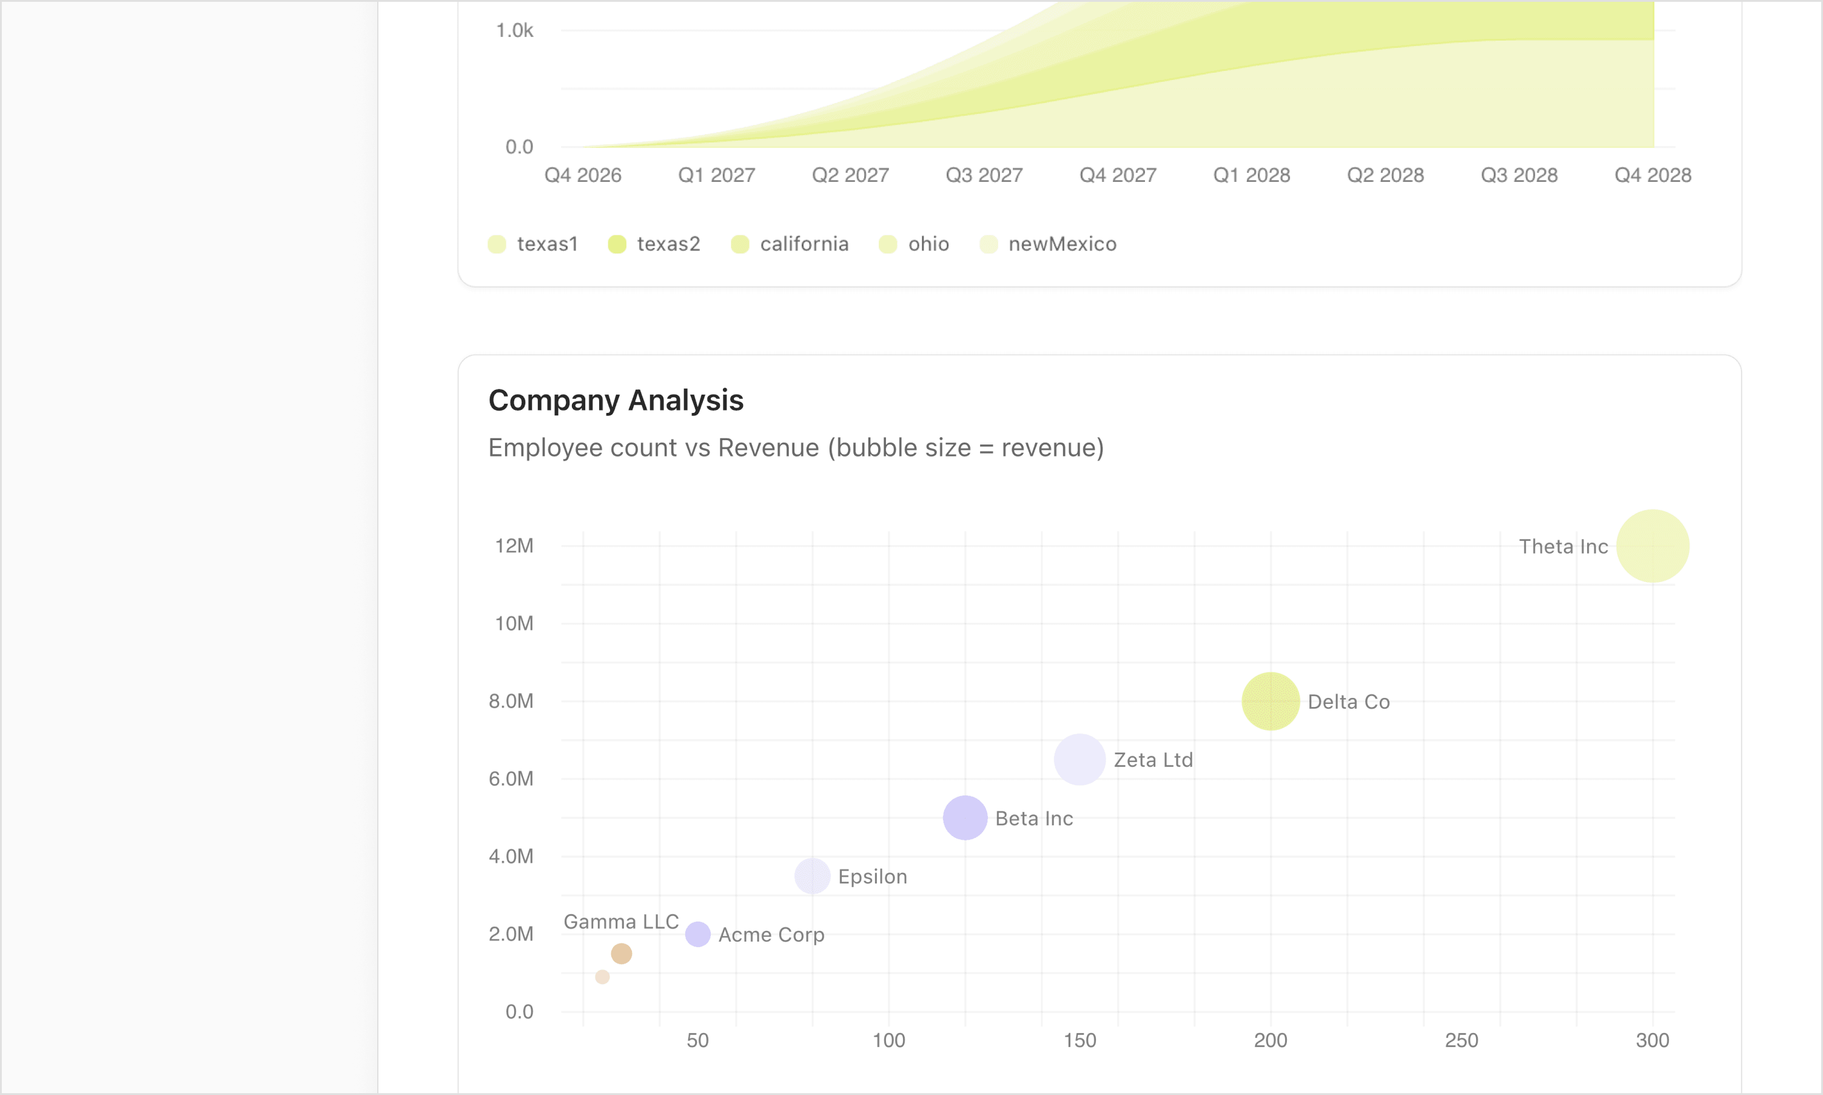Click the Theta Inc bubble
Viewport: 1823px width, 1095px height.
[x=1652, y=546]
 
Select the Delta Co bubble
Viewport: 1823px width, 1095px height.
[x=1270, y=701]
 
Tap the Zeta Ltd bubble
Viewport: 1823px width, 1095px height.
[x=1079, y=759]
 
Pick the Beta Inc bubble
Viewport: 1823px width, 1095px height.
[x=965, y=817]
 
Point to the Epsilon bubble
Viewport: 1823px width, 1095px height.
[x=812, y=876]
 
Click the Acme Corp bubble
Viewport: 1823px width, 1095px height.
[x=697, y=934]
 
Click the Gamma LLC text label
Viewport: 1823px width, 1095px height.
[x=621, y=922]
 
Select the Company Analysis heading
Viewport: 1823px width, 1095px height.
[x=616, y=400]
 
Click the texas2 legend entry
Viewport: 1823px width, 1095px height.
[x=654, y=244]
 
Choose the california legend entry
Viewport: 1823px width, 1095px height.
[x=790, y=244]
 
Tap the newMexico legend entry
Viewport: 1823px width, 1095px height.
[x=1048, y=244]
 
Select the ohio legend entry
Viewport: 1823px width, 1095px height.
[x=914, y=244]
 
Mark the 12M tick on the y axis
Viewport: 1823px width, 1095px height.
[x=514, y=546]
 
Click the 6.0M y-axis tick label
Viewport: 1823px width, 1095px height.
[x=511, y=779]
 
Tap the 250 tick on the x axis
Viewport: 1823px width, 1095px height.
[x=1462, y=1040]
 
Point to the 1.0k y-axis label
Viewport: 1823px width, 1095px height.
[x=514, y=30]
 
